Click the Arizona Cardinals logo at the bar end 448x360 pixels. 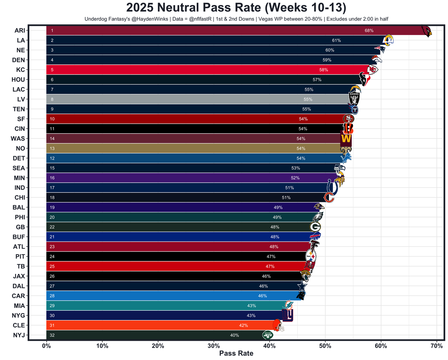[x=426, y=31]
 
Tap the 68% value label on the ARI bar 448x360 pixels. [x=369, y=31]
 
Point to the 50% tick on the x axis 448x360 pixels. [x=325, y=346]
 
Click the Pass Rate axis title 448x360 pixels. [x=236, y=353]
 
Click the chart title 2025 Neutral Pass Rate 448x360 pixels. [x=236, y=8]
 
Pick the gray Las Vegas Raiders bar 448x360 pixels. [x=175, y=99]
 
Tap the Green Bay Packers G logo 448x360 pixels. [x=315, y=227]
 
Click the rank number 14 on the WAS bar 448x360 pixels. [x=52, y=139]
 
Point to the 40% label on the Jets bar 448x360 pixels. [x=234, y=335]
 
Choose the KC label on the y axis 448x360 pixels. [x=21, y=70]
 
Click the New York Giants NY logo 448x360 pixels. [x=287, y=316]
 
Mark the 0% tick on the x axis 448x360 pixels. [x=46, y=346]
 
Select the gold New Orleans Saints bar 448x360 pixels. [x=175, y=148]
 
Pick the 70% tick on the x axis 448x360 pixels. [x=436, y=346]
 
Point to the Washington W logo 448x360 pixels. [x=346, y=139]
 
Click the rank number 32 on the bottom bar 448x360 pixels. [x=52, y=335]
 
